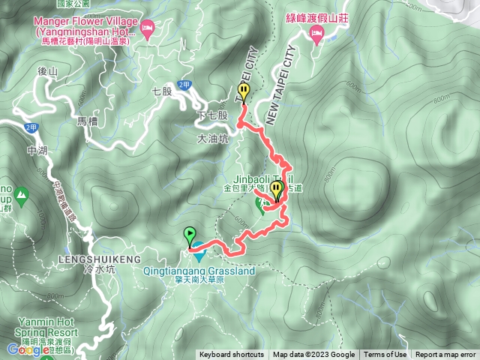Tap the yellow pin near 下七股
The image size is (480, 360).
coord(244,93)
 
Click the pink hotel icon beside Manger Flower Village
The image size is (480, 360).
coord(148,28)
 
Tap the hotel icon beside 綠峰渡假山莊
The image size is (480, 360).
coord(316,32)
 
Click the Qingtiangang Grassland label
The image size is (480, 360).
coord(198,270)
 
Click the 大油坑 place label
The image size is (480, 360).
coord(211,139)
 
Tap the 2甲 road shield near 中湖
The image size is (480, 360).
coord(31,127)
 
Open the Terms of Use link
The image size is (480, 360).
coord(385,355)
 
